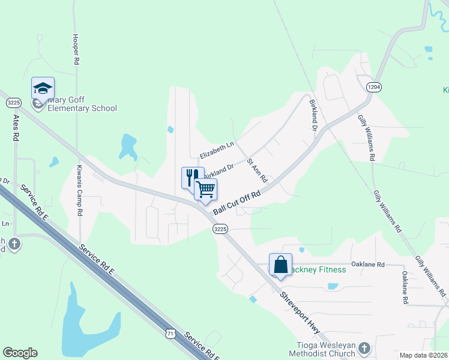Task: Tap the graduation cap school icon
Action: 43,88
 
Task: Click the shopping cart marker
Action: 205,190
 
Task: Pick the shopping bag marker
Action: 280,264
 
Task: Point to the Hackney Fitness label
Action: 317,269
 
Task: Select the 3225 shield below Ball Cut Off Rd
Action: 220,229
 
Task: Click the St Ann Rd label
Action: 256,170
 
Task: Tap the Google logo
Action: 20,353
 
